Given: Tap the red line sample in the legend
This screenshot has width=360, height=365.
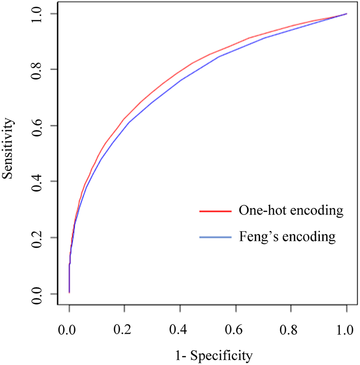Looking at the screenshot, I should pyautogui.click(x=215, y=211).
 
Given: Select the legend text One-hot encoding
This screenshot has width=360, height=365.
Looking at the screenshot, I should pyautogui.click(x=288, y=211).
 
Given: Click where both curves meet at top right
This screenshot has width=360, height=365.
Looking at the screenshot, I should pyautogui.click(x=346, y=14).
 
